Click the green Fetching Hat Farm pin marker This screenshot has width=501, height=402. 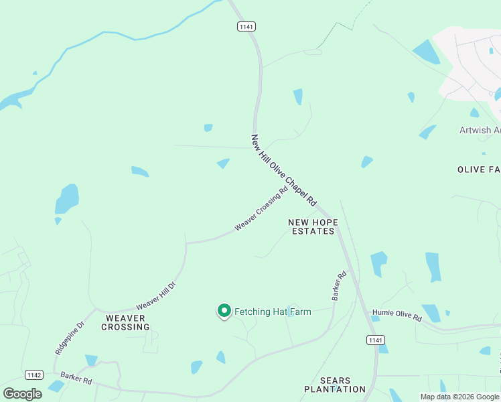tap(224, 311)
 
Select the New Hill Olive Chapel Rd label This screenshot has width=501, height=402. tap(283, 170)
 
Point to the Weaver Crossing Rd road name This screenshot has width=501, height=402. tap(261, 208)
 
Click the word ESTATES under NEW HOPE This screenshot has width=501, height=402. tap(313, 231)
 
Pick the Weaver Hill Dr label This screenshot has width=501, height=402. tap(155, 295)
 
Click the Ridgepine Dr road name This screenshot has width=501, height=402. tap(69, 338)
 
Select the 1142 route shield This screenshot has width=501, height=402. tap(34, 375)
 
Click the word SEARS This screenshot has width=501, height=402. tap(335, 380)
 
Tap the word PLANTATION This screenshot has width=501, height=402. tap(335, 389)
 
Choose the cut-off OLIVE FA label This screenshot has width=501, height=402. tap(479, 170)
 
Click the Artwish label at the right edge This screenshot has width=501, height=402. tap(480, 130)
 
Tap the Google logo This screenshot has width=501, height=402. tap(22, 393)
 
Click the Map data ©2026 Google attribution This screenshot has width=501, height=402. tap(459, 397)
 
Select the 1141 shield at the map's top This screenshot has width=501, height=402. tap(246, 26)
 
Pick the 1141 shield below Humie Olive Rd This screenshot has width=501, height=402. tap(376, 340)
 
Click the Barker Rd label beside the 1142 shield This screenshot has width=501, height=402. tap(74, 379)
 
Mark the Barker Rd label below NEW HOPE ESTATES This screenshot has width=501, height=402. tap(340, 285)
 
